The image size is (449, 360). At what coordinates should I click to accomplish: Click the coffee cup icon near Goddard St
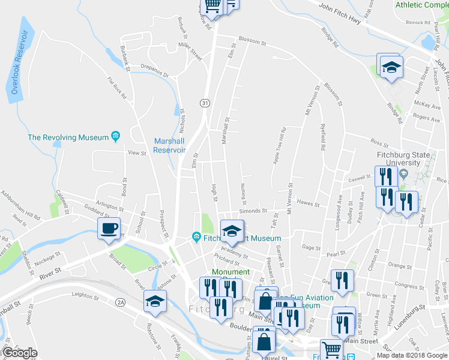pyautogui.click(x=109, y=229)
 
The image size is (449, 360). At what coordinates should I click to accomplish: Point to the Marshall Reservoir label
pyautogui.click(x=169, y=146)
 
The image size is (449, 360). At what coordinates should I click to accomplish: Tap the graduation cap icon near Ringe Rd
pyautogui.click(x=391, y=66)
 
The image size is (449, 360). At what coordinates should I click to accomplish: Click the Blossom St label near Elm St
pyautogui.click(x=252, y=42)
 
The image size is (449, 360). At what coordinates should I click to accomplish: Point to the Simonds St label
pyautogui.click(x=252, y=211)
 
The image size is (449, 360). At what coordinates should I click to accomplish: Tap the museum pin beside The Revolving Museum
pyautogui.click(x=116, y=137)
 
